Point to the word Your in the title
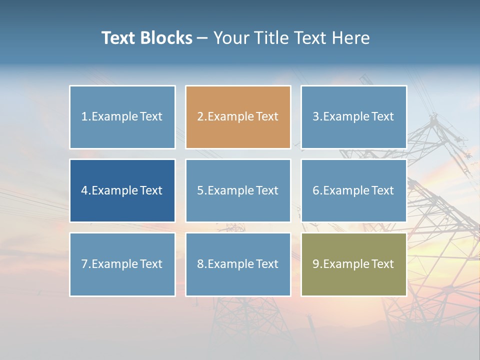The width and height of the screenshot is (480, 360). [228, 38]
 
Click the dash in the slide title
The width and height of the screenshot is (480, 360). [203, 38]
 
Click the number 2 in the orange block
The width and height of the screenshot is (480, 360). [200, 116]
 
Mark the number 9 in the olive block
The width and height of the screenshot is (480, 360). [315, 264]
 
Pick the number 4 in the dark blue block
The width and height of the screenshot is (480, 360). [84, 190]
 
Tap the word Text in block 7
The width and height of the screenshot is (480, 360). [151, 264]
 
